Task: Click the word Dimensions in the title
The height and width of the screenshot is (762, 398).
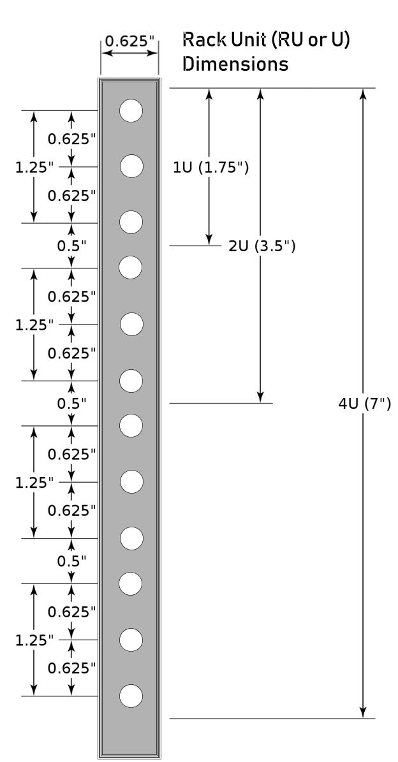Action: [235, 64]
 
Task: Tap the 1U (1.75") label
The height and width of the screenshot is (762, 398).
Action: [211, 168]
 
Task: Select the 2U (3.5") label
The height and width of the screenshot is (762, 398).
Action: [262, 246]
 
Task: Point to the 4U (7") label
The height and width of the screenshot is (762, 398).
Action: [364, 404]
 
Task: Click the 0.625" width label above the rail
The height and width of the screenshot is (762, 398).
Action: [129, 41]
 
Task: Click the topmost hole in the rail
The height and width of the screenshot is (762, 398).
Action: [131, 110]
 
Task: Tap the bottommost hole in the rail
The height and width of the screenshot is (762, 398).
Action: [131, 696]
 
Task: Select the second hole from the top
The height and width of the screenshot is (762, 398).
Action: [131, 166]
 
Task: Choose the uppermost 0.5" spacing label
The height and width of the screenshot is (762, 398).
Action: [72, 246]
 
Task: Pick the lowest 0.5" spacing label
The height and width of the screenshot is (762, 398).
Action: [72, 561]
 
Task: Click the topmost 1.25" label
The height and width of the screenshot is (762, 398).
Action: [34, 168]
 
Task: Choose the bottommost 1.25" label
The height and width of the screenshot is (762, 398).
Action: [34, 640]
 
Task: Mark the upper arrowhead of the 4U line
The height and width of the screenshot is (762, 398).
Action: [363, 93]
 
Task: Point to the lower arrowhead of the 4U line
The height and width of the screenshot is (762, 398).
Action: [363, 713]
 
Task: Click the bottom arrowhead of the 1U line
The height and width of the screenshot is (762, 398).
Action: [209, 240]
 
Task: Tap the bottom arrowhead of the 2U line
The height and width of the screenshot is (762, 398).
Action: [260, 397]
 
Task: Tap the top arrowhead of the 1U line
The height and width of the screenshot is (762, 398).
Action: [209, 93]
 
